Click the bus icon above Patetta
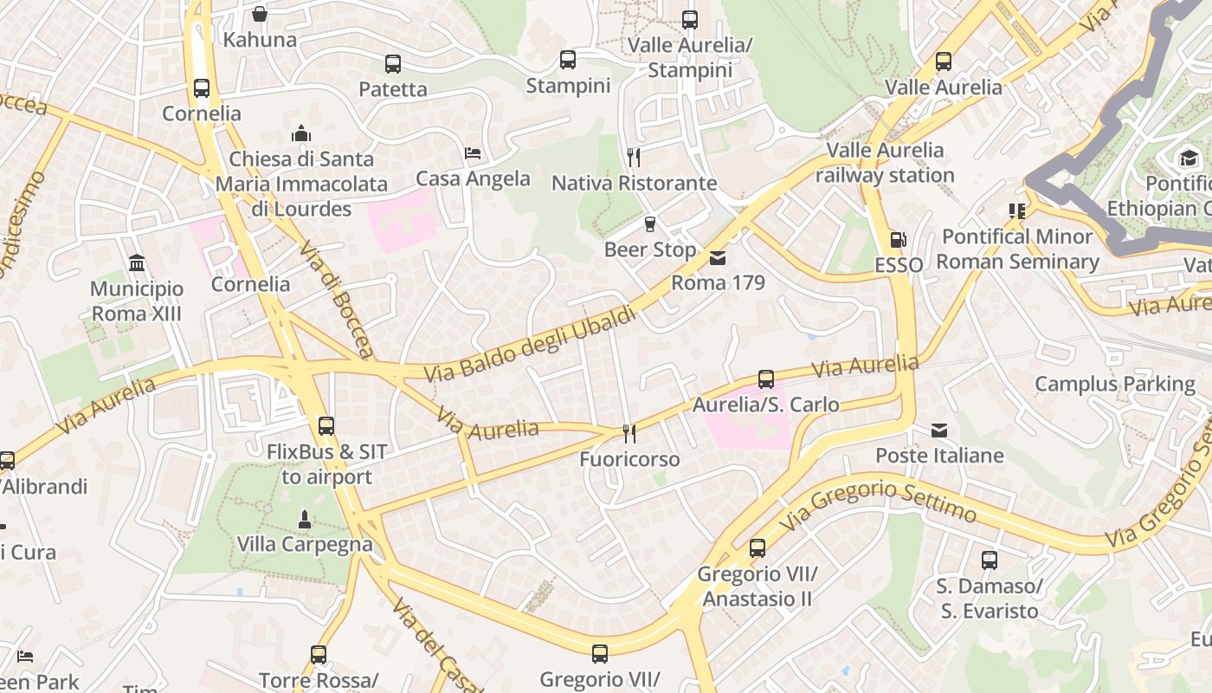pos(393,63)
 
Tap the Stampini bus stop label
pos(568,86)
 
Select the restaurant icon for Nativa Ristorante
pos(634,157)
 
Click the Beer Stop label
pos(649,249)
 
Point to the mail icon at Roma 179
pos(718,257)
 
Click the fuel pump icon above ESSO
pos(899,240)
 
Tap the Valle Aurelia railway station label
pos(885,162)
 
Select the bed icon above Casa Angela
pos(473,153)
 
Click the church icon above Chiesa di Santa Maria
pos(301,133)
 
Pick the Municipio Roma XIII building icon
pos(137,262)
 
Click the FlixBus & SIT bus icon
pos(326,425)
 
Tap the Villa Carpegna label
pos(305,545)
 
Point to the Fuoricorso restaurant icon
pos(629,433)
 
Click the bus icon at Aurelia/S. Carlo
pos(766,379)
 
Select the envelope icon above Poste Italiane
pos(939,430)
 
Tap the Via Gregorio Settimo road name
pos(878,502)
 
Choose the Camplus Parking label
pos(1114,384)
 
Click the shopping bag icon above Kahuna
pos(260,14)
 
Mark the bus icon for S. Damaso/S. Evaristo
pos(990,560)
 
